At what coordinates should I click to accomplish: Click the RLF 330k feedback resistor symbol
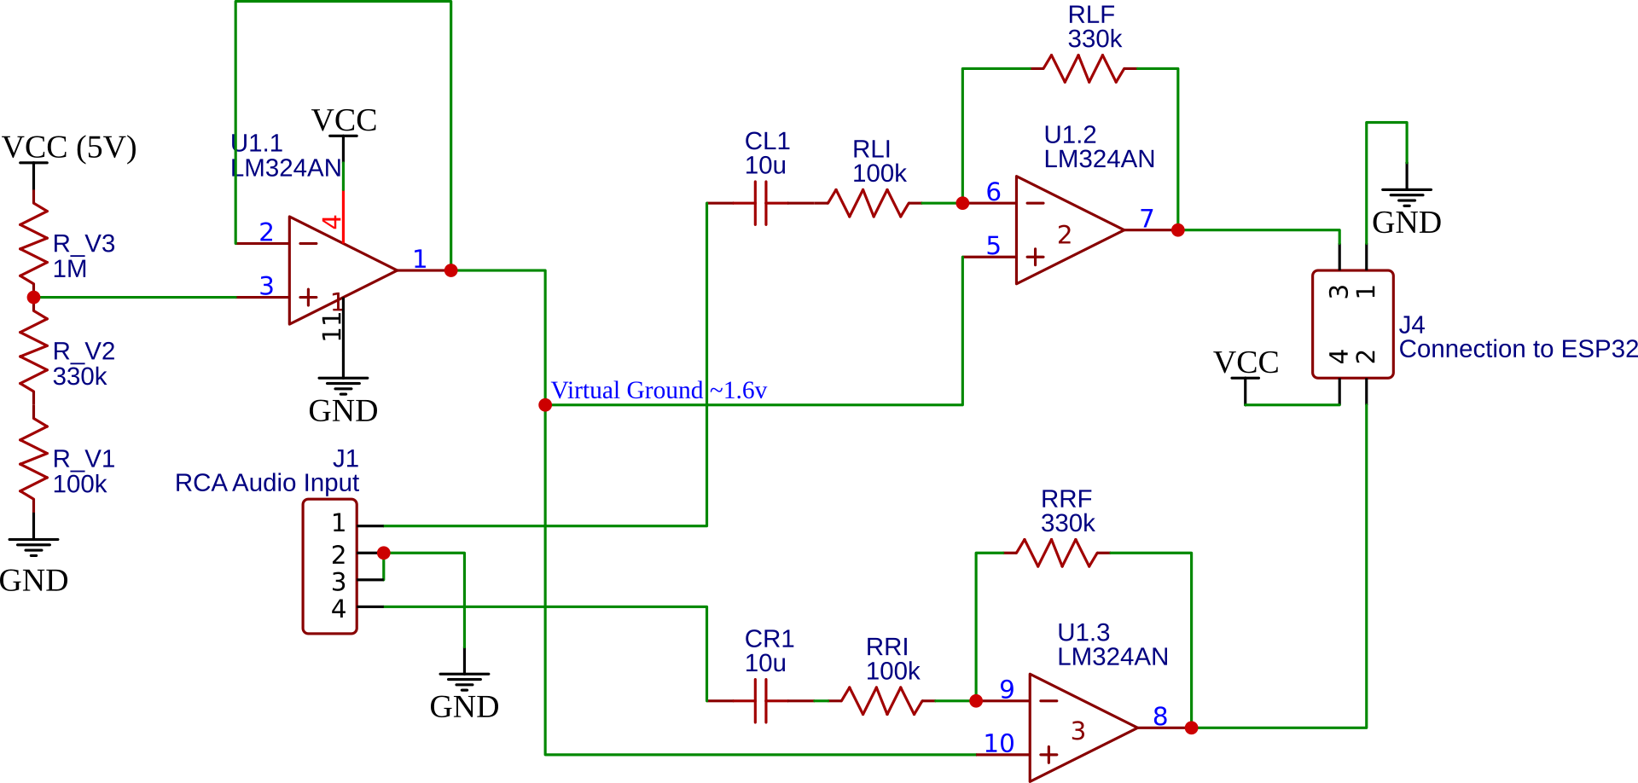coord(1083,69)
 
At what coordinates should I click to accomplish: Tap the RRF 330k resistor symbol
coord(1057,554)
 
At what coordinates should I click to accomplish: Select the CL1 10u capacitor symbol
coord(761,203)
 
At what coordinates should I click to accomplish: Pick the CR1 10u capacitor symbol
coord(761,701)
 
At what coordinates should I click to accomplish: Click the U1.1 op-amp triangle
coord(337,270)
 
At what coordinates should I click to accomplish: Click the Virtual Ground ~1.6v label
coord(659,391)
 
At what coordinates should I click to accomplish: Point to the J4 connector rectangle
coord(1352,324)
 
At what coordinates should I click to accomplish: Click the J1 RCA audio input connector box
coord(329,566)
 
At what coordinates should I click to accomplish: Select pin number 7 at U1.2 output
coord(1147,218)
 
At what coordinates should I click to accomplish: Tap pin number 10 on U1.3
coord(998,743)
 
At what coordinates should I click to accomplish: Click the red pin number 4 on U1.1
coord(332,223)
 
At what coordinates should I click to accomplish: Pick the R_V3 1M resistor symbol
coord(33,243)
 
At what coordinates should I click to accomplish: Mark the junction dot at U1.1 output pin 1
coord(451,270)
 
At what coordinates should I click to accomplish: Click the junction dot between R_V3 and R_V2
coord(33,298)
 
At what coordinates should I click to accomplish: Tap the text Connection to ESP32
coord(1518,349)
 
